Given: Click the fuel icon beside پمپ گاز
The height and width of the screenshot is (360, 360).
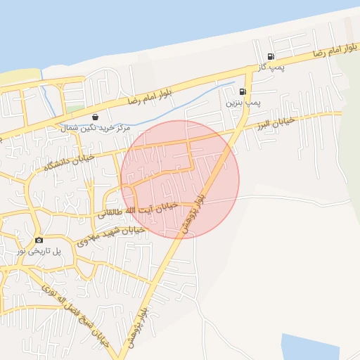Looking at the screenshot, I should coord(271,56).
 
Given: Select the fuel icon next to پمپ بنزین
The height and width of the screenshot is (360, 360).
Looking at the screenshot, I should coord(243,91).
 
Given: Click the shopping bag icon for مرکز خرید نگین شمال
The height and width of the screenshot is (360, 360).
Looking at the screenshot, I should coord(95,117).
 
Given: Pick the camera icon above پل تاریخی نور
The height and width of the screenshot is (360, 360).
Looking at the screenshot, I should coord(39,240).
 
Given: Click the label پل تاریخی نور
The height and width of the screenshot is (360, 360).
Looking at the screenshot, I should coord(39,251).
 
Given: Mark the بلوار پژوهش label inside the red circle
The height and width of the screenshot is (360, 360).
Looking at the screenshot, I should coord(201,210).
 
